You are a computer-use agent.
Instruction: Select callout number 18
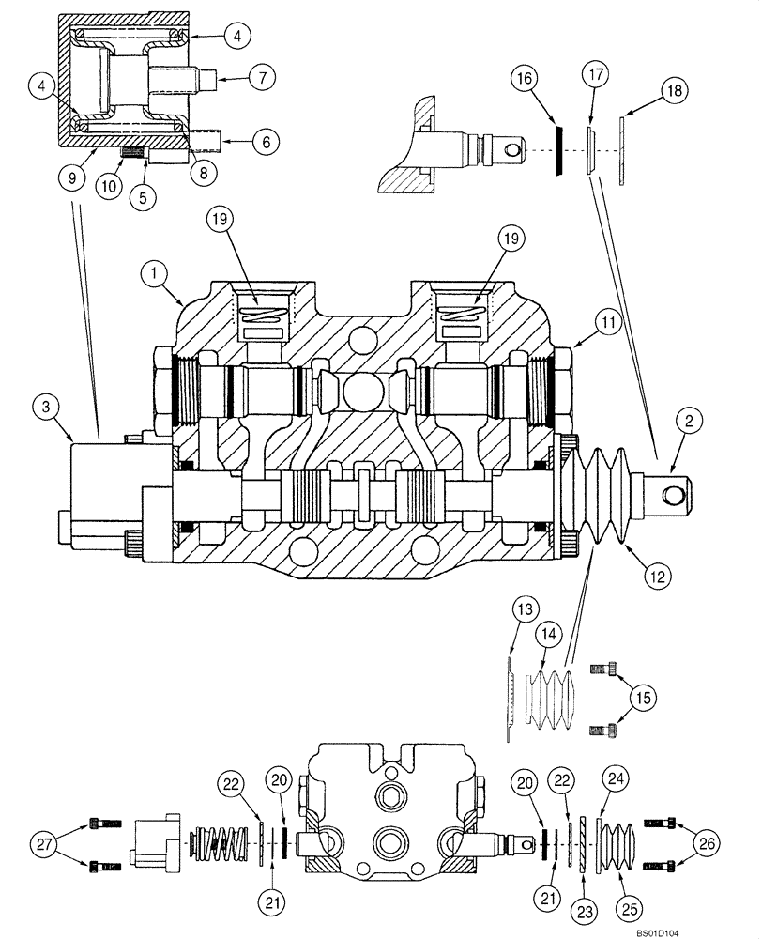click(x=674, y=91)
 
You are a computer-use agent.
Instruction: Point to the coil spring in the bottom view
click(x=223, y=839)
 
